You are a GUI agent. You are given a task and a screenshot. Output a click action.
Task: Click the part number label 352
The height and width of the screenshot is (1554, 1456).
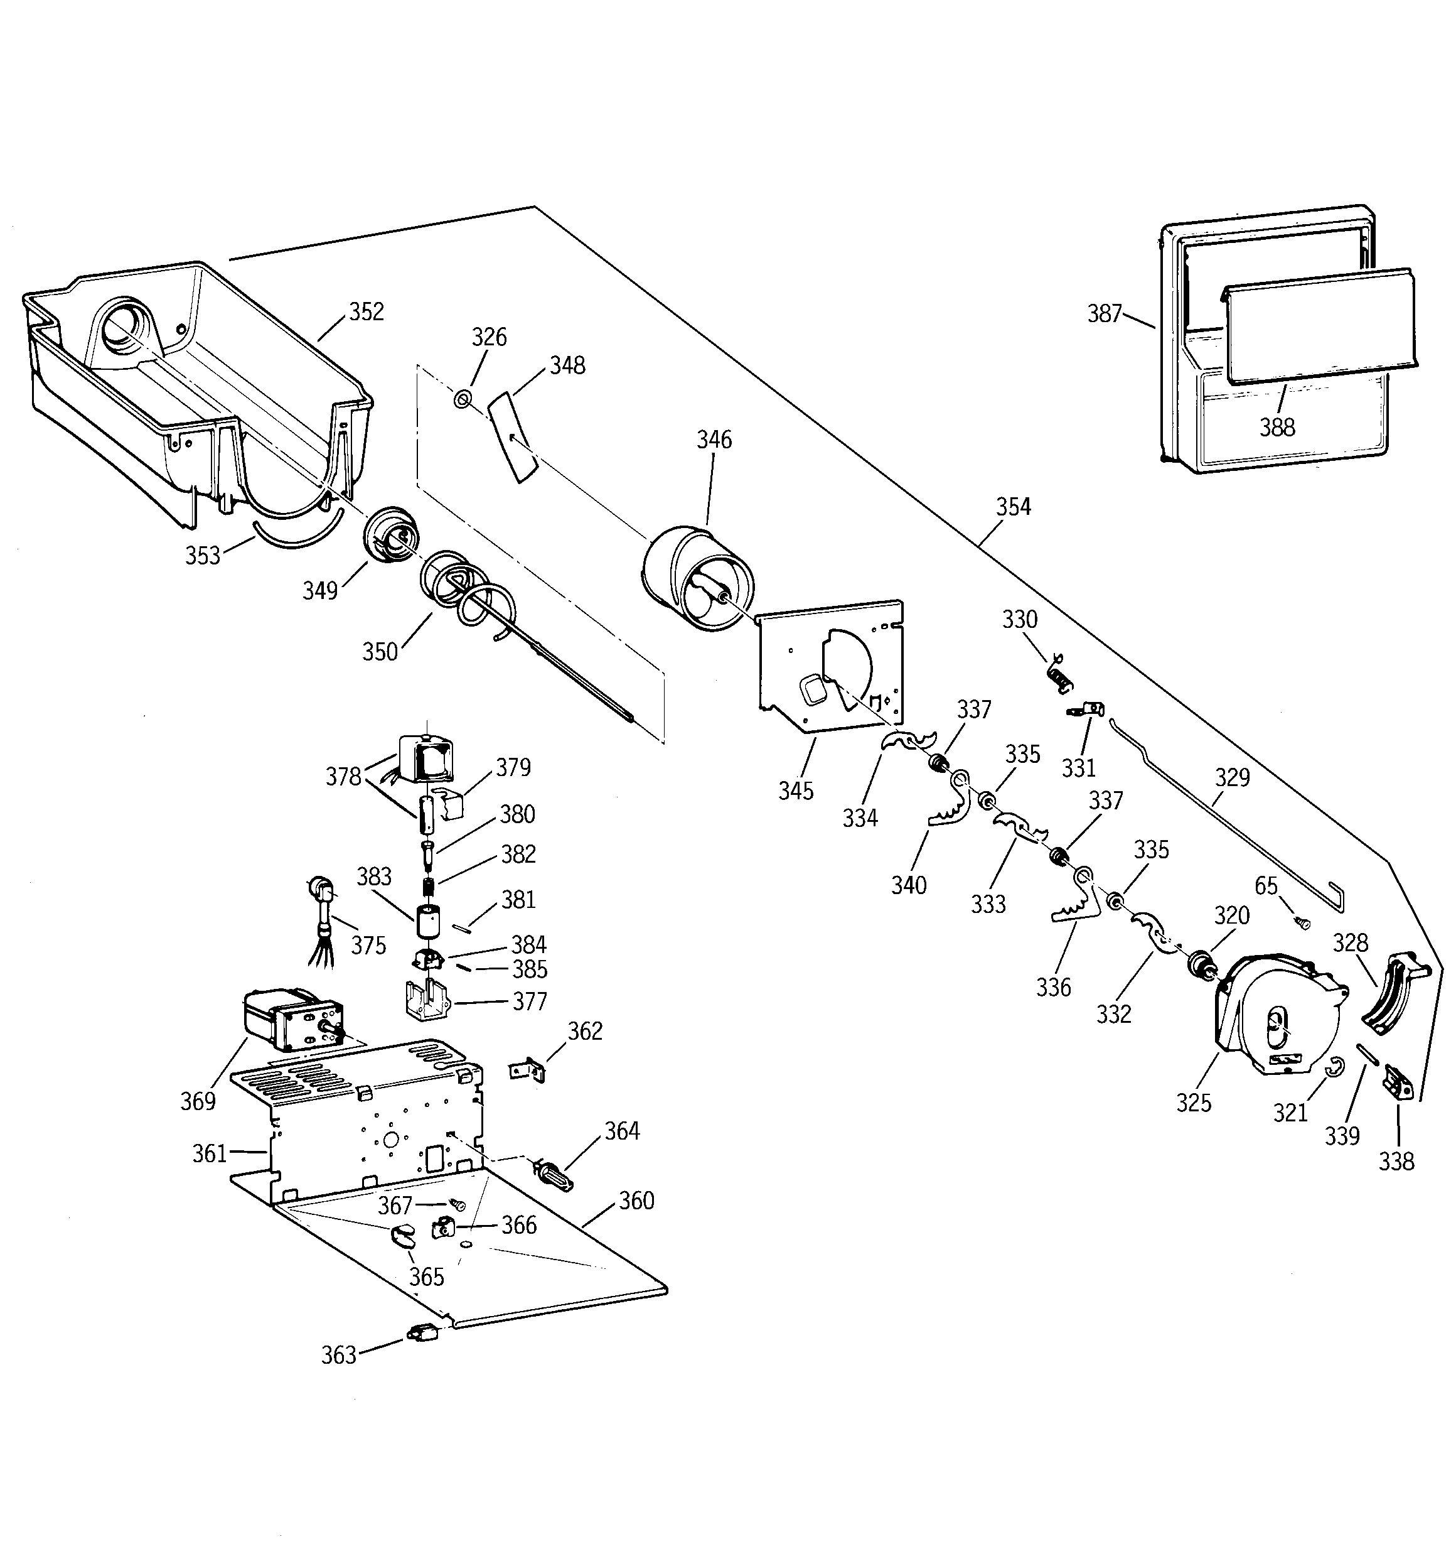pos(367,312)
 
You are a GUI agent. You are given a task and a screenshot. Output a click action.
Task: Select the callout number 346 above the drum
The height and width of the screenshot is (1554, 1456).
pos(714,440)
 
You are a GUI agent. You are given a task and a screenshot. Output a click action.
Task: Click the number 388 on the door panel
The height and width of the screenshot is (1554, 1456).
pos(1277,427)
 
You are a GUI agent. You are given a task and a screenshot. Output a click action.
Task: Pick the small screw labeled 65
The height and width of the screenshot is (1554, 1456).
pos(1303,923)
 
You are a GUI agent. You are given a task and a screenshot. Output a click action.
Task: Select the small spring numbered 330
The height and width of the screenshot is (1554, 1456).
pos(1058,673)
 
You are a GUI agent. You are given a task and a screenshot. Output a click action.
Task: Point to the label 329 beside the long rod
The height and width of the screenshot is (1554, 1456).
pos(1232,777)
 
